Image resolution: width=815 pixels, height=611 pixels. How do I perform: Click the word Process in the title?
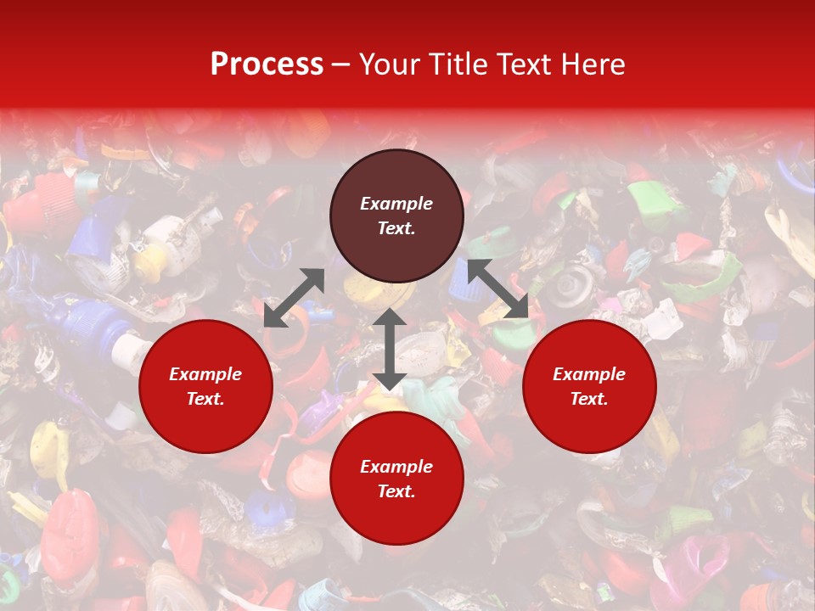267,64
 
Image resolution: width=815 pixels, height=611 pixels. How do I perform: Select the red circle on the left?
205,386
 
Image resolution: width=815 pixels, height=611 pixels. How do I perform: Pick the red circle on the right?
589,386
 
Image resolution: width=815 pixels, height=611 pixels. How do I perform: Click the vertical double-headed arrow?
389,349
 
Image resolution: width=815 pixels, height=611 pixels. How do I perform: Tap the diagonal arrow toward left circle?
294,298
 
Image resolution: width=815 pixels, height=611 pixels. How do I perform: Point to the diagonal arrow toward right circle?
497,289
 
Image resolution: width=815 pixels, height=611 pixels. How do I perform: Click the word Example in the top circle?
396,204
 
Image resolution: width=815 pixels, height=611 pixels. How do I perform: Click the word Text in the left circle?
205,399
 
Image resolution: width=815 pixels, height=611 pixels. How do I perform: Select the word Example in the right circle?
589,374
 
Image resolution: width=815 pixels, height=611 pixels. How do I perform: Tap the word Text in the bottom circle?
396,491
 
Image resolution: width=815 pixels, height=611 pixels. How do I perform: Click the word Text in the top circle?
396,228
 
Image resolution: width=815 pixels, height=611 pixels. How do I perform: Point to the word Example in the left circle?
205,374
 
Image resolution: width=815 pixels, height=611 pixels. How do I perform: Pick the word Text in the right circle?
589,399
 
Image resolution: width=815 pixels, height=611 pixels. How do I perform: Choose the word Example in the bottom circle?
396,467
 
